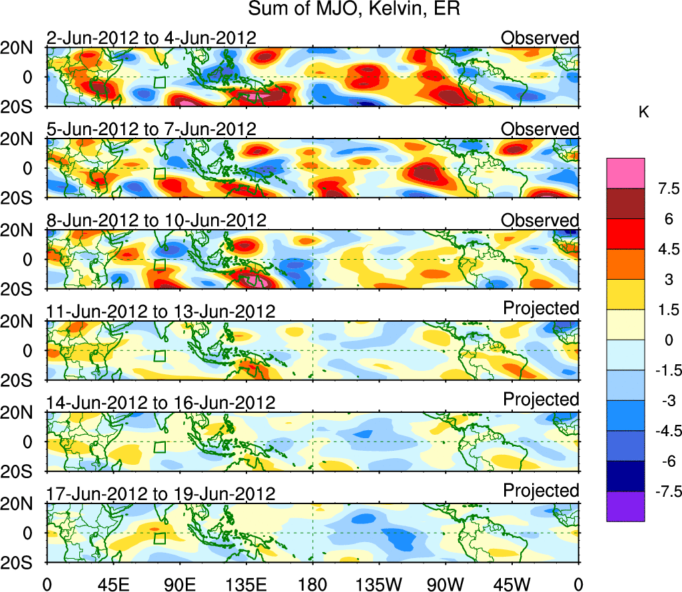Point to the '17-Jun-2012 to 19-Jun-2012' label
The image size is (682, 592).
[161, 494]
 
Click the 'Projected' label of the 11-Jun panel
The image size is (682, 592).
[541, 308]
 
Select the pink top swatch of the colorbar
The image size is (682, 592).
[625, 173]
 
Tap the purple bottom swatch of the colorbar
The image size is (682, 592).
[625, 506]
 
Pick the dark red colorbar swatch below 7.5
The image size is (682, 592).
[625, 203]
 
